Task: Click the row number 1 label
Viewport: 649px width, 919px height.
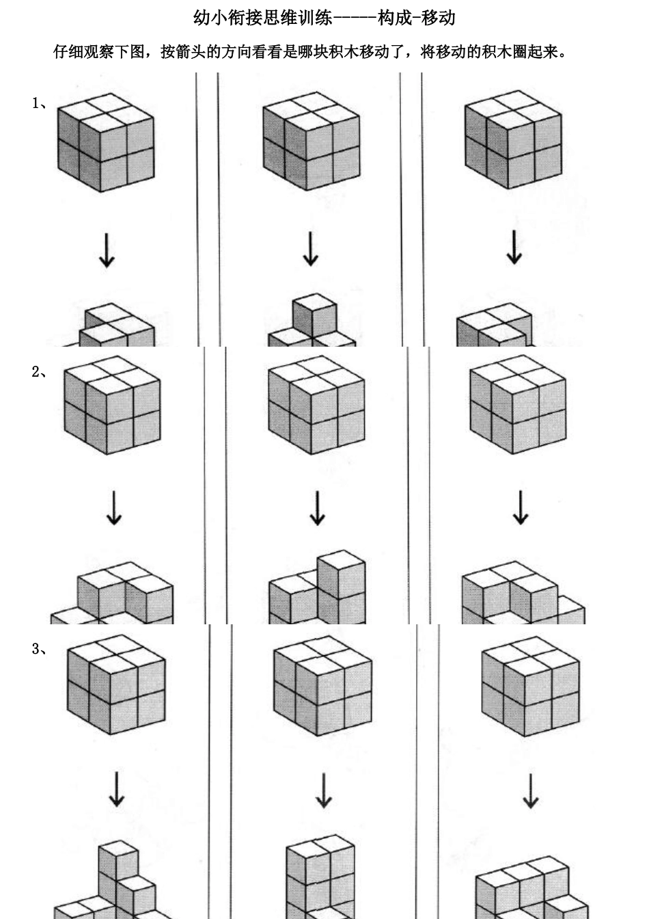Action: (40, 103)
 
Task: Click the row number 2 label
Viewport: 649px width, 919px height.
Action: (40, 372)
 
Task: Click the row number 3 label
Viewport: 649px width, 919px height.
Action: (40, 649)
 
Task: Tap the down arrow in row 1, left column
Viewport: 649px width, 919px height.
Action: (107, 251)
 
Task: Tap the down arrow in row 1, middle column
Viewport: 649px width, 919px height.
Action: (311, 249)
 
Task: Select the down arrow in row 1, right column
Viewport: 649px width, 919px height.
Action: (514, 247)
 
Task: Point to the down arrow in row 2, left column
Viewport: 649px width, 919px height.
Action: (114, 508)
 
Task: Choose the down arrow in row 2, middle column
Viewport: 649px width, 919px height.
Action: (317, 508)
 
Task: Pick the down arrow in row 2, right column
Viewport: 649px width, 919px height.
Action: (521, 507)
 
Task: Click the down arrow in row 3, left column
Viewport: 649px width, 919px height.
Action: (117, 789)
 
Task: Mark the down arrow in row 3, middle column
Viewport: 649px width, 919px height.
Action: (324, 790)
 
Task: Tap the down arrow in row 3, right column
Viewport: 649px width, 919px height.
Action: (531, 791)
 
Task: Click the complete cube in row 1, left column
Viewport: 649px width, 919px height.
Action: (106, 142)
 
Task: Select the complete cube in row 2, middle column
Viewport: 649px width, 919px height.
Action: (316, 405)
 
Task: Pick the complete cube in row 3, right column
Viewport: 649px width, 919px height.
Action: (531, 686)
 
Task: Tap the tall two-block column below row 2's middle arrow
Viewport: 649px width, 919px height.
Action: (342, 587)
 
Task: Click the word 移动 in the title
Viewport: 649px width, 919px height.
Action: (438, 18)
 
